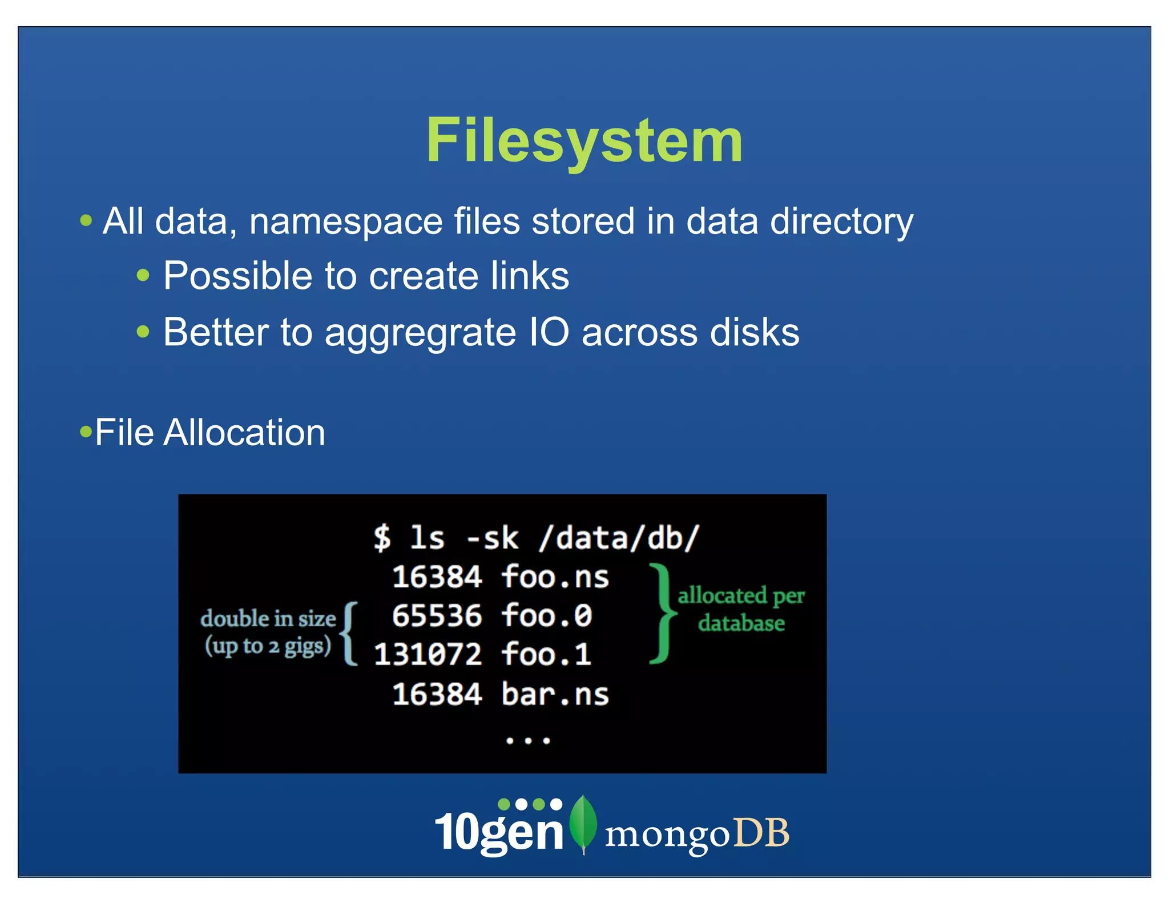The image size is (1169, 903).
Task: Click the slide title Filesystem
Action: [x=584, y=140]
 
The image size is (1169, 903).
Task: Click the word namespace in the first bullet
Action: [x=345, y=221]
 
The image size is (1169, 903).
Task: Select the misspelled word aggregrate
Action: [x=420, y=333]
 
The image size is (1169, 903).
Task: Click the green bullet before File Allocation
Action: [x=86, y=431]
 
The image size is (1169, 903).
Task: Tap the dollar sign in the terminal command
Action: [x=382, y=538]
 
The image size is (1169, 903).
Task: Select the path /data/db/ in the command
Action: [x=619, y=538]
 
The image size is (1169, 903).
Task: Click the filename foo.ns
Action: [x=555, y=577]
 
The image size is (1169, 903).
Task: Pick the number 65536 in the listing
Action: [x=437, y=616]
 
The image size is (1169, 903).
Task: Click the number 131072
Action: [x=428, y=654]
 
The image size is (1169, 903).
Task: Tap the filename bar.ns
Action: [x=555, y=695]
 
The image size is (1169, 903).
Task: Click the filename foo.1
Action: [x=546, y=654]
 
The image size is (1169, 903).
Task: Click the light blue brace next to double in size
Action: [x=349, y=634]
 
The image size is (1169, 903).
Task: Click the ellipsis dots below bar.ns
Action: [x=527, y=740]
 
